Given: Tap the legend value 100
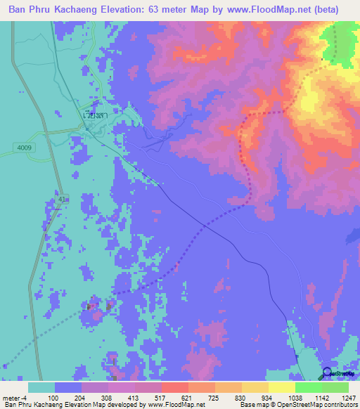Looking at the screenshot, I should pos(53,397).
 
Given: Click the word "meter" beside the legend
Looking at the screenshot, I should pos(11,397).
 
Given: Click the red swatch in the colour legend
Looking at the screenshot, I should pos(174,387).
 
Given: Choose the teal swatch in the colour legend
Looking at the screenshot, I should pos(41,387).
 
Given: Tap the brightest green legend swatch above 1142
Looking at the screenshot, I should pos(308,387).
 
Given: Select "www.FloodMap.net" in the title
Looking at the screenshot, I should pos(273,10).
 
